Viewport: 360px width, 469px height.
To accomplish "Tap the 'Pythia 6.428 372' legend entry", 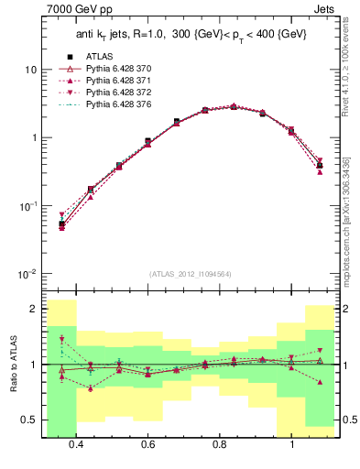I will point(115,93).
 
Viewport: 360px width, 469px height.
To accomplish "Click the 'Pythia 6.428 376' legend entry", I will point(115,106).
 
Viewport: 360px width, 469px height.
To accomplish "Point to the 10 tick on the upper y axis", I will point(31,70).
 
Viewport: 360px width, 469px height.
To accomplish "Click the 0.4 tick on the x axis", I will point(76,445).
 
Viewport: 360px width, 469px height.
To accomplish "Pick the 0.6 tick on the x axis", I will point(147,445).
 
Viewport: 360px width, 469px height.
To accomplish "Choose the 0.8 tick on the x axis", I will point(220,445).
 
